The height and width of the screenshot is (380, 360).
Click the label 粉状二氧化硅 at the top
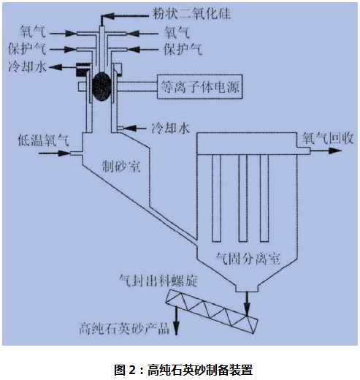tap(191, 13)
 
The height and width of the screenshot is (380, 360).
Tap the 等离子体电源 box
tap(199, 86)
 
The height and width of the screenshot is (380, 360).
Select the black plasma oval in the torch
tap(102, 86)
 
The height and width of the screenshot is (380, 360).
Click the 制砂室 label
tap(121, 167)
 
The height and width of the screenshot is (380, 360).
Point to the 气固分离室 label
tap(248, 259)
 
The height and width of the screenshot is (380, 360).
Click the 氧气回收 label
tap(328, 138)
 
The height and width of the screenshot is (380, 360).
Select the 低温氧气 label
tap(44, 140)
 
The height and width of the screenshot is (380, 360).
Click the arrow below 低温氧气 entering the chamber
tap(55, 153)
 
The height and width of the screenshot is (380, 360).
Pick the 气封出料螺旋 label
tap(158, 281)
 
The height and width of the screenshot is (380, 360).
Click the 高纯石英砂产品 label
tap(124, 328)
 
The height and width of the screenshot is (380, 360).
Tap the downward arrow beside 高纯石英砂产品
tap(176, 321)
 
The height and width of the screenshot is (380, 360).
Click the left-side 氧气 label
tap(32, 31)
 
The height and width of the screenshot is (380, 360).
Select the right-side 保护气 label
tap(183, 49)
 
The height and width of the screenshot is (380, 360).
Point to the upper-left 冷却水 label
tap(27, 66)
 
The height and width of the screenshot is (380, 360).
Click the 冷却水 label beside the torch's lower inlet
tap(171, 128)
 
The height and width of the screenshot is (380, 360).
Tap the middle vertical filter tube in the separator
tap(242, 198)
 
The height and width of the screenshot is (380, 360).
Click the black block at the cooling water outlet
tap(83, 69)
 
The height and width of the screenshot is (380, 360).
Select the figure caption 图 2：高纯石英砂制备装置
tap(184, 370)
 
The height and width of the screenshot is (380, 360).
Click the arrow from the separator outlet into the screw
tap(247, 304)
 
